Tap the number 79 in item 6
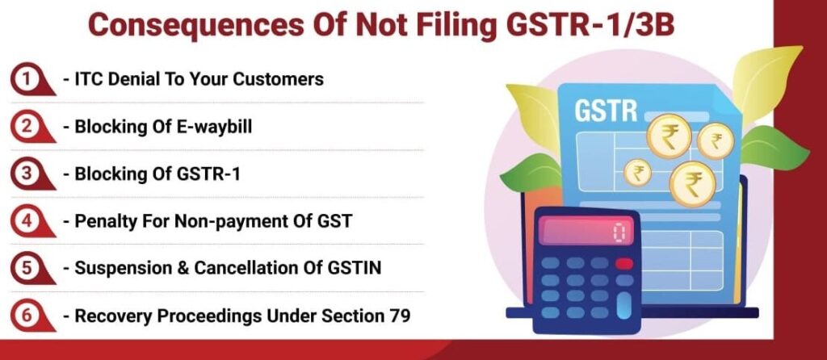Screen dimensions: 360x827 (x=398, y=316)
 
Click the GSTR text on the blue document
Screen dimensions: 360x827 (x=605, y=110)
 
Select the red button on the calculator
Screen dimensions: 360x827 (x=623, y=263)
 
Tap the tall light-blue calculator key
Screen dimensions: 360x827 (x=623, y=304)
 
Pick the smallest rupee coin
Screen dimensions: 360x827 (x=638, y=173)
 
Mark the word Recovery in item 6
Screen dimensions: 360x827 (x=107, y=316)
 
